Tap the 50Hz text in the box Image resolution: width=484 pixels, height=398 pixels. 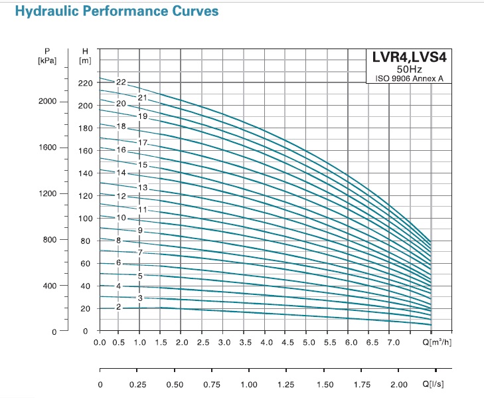pos(408,68)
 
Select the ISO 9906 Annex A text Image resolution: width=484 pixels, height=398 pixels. pos(408,79)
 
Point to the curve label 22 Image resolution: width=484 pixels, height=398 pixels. pos(121,82)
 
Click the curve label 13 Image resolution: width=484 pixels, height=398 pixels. pos(142,187)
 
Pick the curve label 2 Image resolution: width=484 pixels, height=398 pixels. pos(118,307)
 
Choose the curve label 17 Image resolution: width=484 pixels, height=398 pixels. pos(142,143)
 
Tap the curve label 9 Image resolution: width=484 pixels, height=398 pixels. pos(140,230)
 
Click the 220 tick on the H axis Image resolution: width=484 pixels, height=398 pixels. pos(84,84)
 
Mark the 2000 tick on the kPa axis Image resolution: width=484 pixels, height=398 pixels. pos(49,102)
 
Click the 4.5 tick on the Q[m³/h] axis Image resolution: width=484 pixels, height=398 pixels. pos(287,343)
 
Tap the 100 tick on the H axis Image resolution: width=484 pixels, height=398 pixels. pos(84,218)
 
